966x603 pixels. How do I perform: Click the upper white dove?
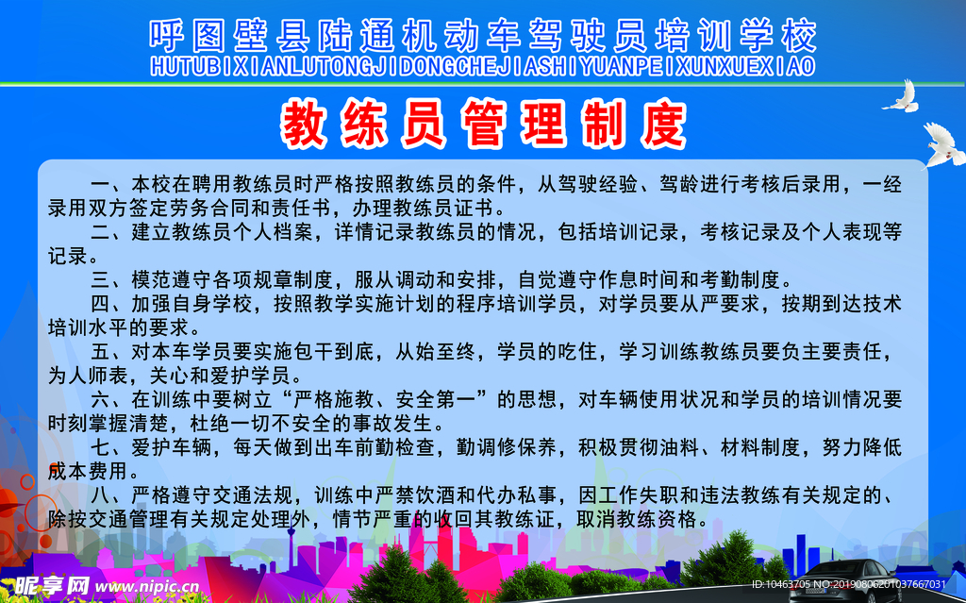pos(901,95)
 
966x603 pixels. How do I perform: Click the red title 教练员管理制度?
pos(483,124)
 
